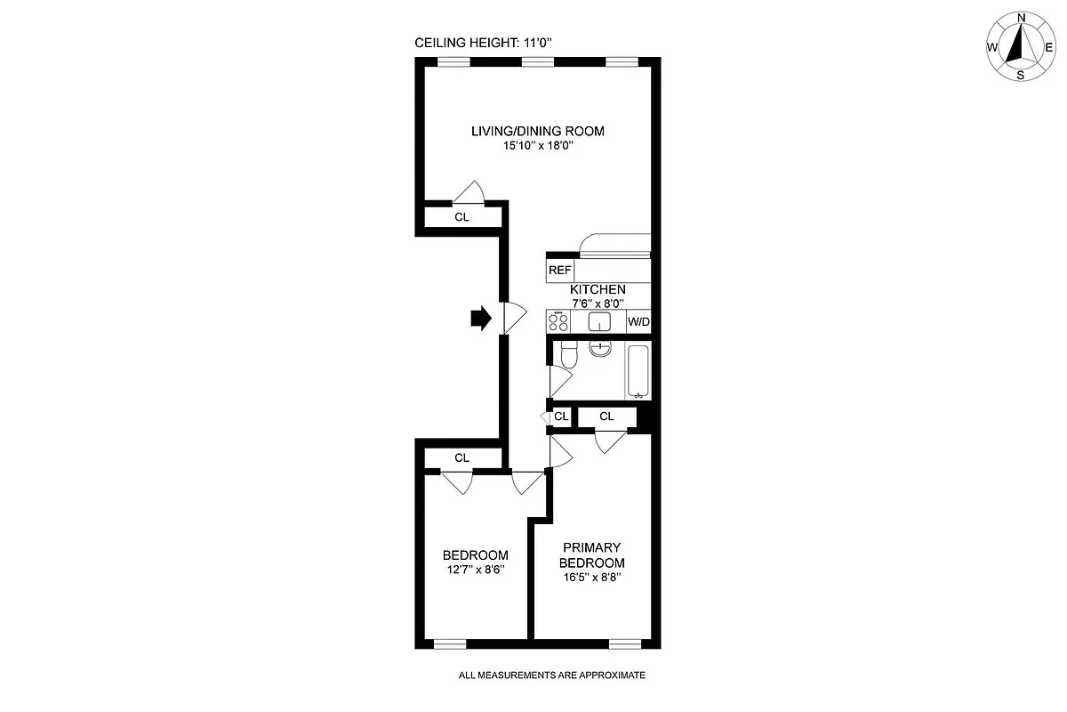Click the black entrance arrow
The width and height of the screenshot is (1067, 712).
click(480, 319)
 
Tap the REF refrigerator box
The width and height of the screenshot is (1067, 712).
click(559, 270)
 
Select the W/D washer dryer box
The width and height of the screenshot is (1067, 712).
click(638, 321)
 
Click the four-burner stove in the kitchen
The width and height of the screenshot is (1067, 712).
click(558, 321)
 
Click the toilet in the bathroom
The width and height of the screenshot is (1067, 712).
click(570, 356)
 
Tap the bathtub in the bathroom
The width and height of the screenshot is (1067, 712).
click(638, 371)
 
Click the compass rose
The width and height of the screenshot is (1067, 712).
click(1021, 47)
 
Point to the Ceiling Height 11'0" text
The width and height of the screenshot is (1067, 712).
click(490, 43)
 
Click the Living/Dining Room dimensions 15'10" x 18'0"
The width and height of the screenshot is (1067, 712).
click(537, 146)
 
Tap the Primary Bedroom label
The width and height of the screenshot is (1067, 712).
click(591, 555)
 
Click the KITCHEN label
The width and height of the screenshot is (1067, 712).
click(598, 289)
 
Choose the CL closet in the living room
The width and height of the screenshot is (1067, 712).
click(461, 216)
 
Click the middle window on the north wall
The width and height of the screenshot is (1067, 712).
click(537, 61)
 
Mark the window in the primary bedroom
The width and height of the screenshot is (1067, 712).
click(622, 643)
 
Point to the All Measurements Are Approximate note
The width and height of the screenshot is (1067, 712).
click(551, 676)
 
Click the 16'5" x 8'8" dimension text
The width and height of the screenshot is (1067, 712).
click(591, 578)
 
